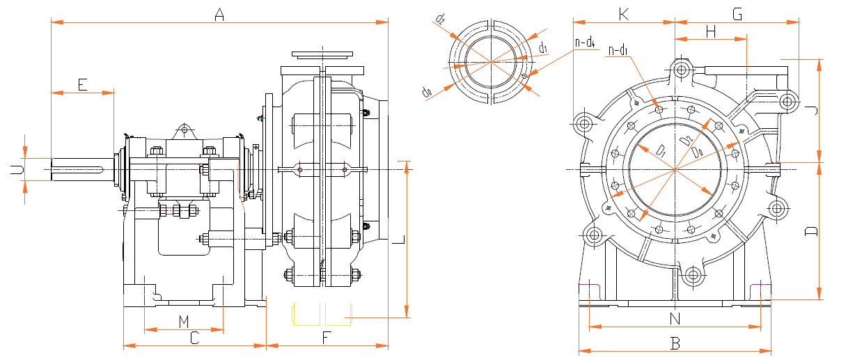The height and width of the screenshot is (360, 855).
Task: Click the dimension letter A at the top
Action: click(219, 14)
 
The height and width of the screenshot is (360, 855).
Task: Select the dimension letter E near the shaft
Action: click(82, 84)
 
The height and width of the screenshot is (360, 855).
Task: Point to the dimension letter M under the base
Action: click(183, 321)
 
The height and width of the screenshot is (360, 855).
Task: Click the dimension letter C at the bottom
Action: click(195, 338)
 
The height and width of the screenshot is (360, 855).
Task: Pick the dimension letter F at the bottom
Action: click(327, 338)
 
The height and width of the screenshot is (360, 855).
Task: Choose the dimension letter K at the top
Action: click(624, 14)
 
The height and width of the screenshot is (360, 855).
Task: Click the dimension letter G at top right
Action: click(737, 14)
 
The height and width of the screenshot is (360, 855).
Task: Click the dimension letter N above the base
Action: click(674, 320)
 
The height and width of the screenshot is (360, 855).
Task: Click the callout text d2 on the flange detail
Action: click(440, 19)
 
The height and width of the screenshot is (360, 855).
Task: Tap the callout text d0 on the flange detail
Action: click(427, 91)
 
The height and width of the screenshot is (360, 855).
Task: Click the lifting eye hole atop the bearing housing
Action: click(184, 129)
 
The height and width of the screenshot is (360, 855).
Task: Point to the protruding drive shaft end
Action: click(77, 169)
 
